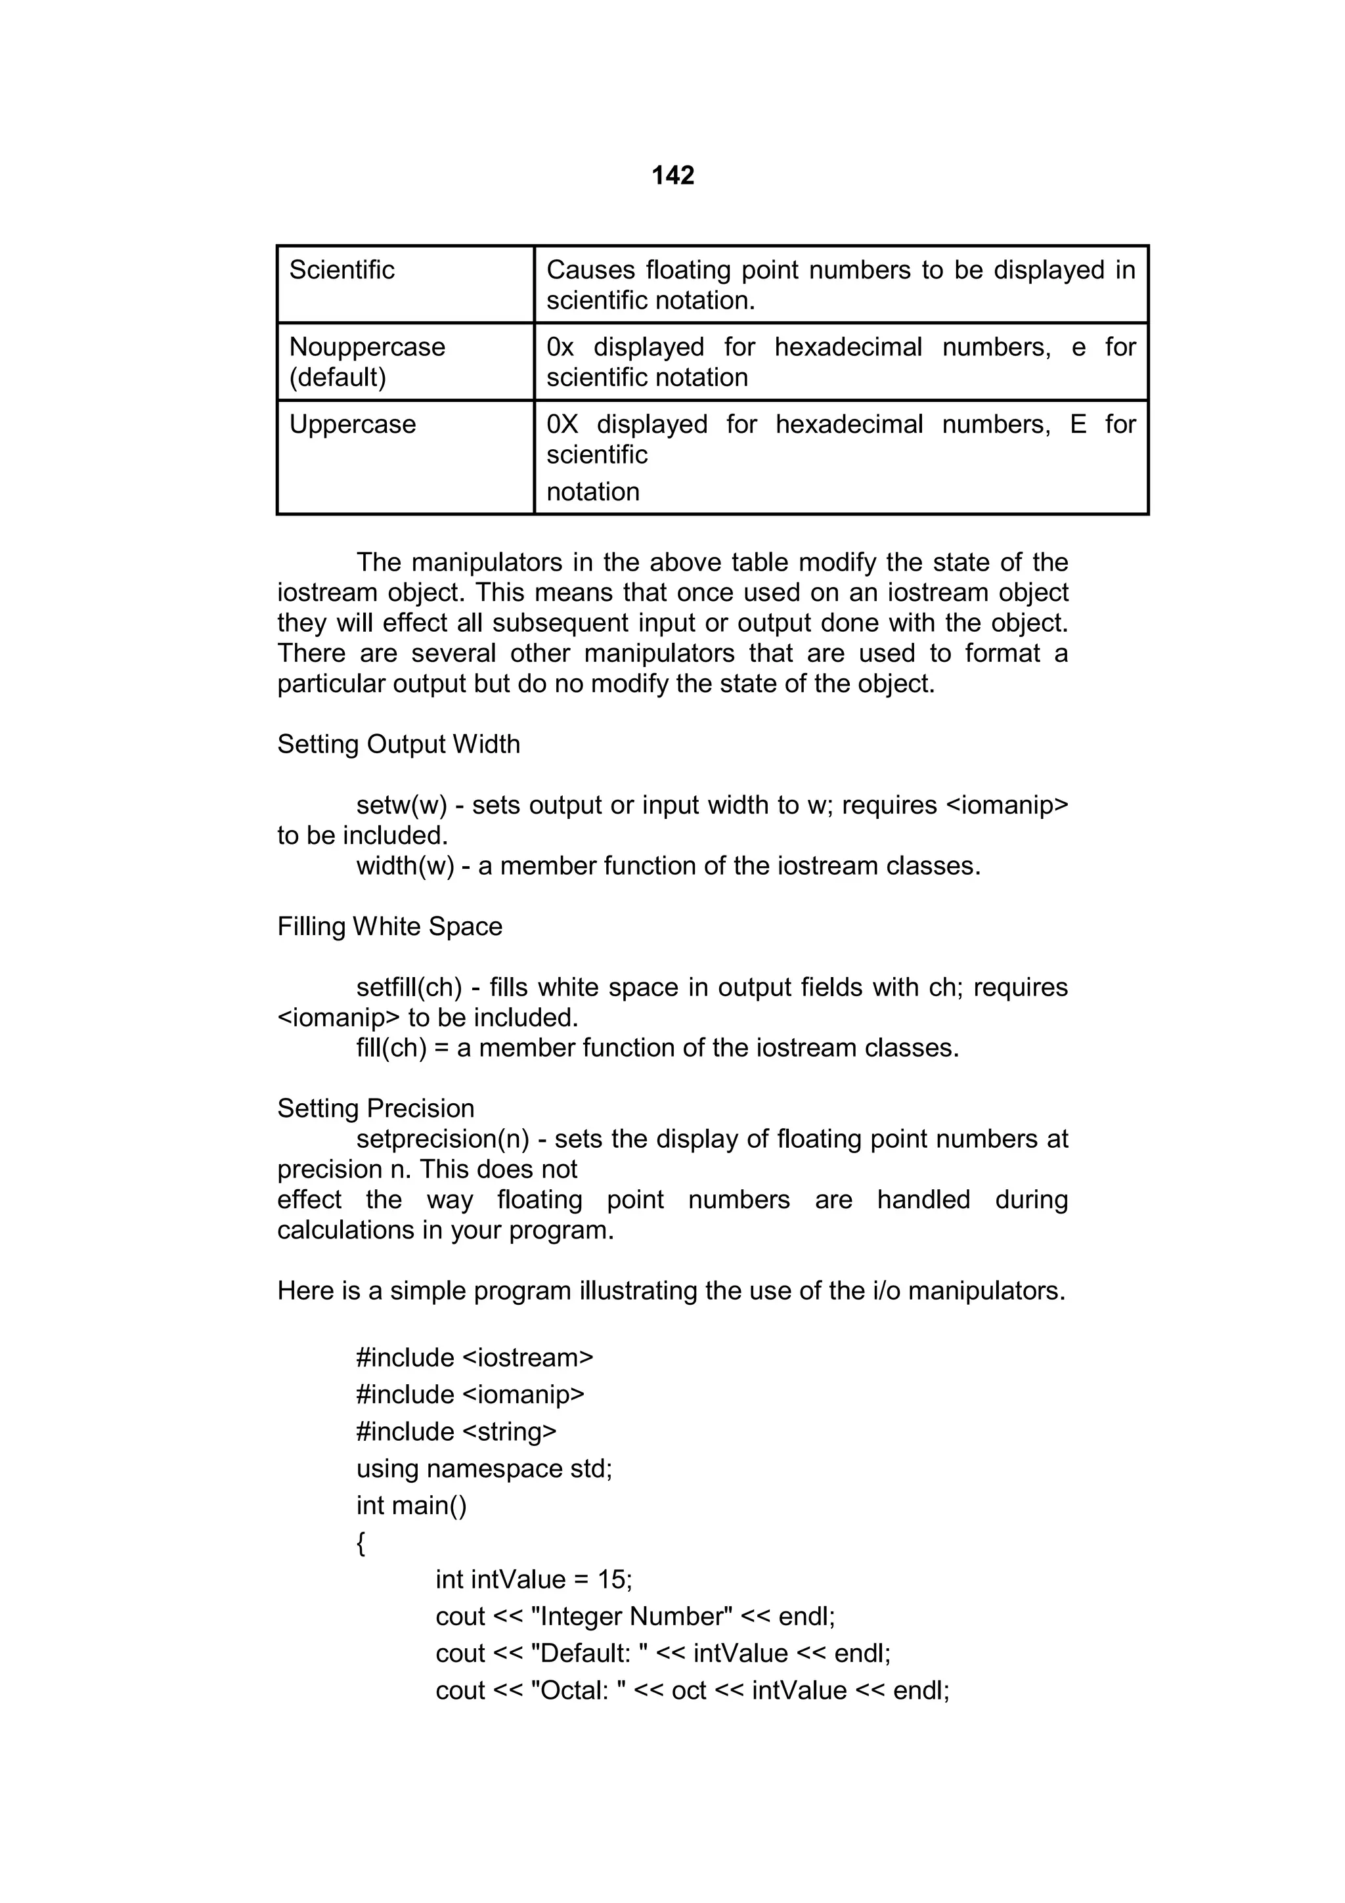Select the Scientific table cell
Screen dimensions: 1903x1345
(342, 270)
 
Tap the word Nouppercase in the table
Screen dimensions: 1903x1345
(366, 347)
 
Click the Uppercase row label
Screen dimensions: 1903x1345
(352, 424)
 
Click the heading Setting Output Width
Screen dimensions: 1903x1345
(399, 744)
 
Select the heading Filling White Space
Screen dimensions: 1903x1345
(389, 927)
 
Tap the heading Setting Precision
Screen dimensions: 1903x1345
(376, 1109)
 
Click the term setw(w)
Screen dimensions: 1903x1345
(402, 806)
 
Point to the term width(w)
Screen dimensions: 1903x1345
(405, 866)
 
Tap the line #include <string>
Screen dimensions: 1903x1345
(456, 1432)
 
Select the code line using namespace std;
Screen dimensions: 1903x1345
(484, 1469)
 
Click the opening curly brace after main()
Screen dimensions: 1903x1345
(361, 1543)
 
